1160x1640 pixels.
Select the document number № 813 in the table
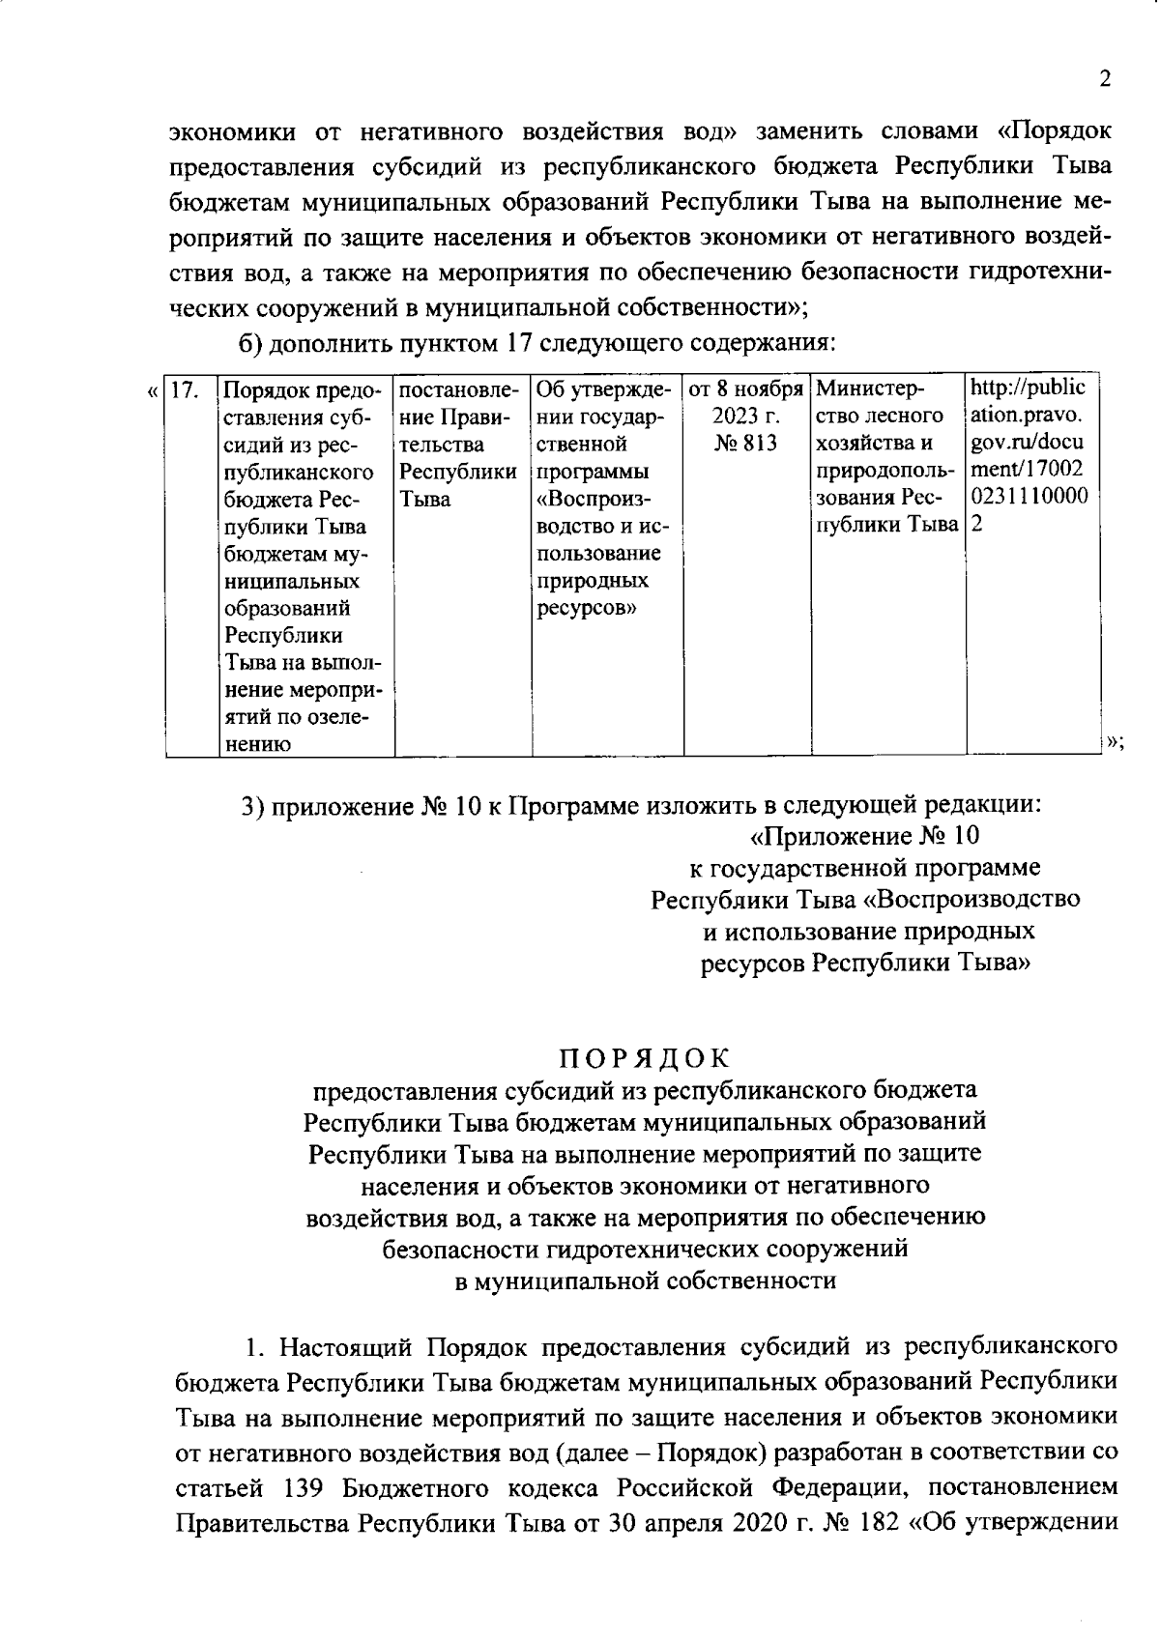pyautogui.click(x=746, y=445)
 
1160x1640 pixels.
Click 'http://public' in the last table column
pyautogui.click(x=1028, y=388)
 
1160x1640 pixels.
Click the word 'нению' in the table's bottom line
pyautogui.click(x=257, y=744)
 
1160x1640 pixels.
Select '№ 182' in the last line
pyautogui.click(x=858, y=1524)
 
